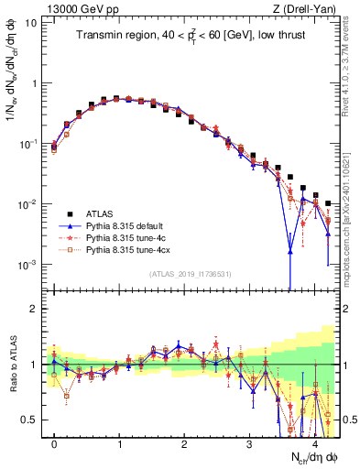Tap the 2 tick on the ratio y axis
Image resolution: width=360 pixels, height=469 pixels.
click(34, 309)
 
